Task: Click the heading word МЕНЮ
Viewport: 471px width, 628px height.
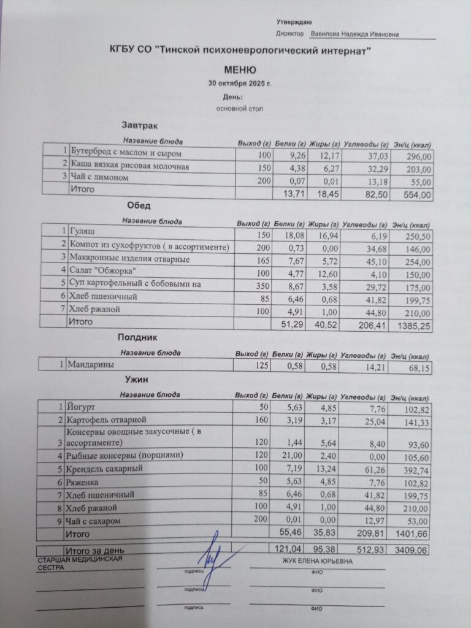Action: (240, 71)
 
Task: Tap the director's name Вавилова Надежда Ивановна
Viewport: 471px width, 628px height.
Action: (354, 34)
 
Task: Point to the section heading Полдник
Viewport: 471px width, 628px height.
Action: (138, 337)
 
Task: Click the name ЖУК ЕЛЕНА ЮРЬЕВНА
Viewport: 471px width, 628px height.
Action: (318, 561)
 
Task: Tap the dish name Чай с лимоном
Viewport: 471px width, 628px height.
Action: (100, 178)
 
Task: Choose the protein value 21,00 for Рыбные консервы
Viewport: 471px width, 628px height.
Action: (288, 455)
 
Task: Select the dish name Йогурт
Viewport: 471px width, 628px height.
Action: (82, 407)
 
